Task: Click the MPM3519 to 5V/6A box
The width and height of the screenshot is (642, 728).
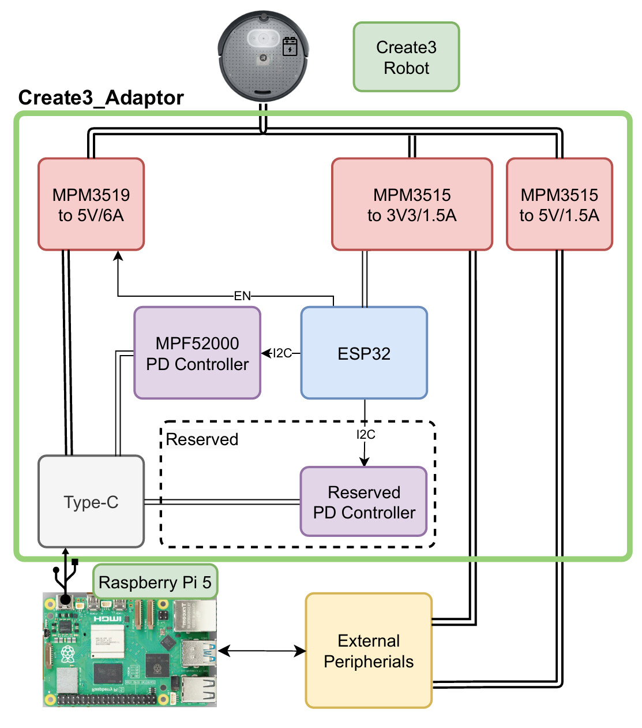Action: [91, 204]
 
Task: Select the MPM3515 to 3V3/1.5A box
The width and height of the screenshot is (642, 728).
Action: [412, 204]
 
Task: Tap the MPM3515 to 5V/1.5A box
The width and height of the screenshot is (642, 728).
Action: [559, 204]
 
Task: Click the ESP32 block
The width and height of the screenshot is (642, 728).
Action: [364, 353]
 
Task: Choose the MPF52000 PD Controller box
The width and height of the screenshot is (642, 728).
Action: [197, 353]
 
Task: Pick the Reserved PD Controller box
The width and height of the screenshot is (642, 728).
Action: [364, 502]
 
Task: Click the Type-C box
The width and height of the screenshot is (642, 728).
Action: [91, 502]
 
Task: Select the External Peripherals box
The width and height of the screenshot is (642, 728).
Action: [369, 651]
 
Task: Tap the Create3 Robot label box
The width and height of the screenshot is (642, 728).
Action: [406, 57]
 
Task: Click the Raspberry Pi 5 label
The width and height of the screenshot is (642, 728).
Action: [155, 582]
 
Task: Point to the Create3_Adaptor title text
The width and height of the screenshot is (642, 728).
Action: [101, 98]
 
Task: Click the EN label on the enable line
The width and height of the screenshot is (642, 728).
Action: [242, 296]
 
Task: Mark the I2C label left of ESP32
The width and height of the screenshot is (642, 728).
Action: [282, 353]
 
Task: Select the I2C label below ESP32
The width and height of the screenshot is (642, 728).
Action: [366, 435]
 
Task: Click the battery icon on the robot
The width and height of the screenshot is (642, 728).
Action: [290, 47]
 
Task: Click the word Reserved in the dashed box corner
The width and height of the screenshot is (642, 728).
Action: [202, 439]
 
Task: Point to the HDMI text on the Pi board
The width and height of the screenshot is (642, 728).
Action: [107, 618]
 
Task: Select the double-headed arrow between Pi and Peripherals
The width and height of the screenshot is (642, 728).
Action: [262, 651]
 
